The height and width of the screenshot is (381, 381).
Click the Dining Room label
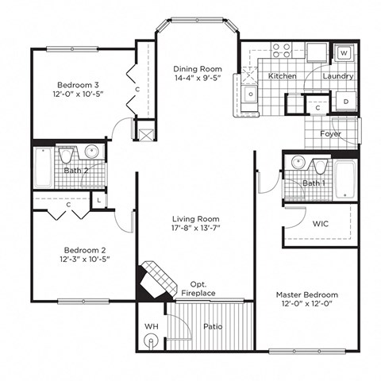click(x=198, y=69)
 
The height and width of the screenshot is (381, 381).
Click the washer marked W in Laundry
click(x=344, y=53)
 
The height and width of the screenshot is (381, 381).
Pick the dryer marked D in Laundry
click(x=346, y=102)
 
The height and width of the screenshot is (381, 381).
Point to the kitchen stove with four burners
click(x=282, y=51)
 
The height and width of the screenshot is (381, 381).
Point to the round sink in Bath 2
click(x=92, y=152)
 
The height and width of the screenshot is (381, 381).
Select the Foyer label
click(x=331, y=134)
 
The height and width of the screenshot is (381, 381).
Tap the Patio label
click(x=210, y=325)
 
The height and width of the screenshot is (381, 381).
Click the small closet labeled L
click(x=98, y=201)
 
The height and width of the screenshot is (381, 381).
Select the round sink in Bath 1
click(x=297, y=164)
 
